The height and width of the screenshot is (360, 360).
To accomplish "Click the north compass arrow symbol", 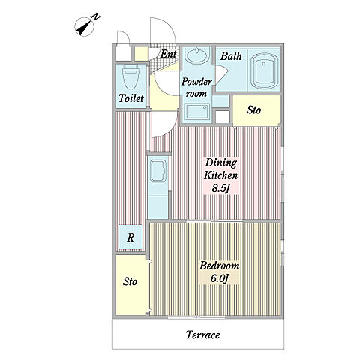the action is tap(85, 27).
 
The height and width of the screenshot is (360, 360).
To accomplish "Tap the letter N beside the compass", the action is tap(96, 17).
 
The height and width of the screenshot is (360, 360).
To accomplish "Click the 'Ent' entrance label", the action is tap(168, 54).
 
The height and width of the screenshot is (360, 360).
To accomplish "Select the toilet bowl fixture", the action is tap(130, 76).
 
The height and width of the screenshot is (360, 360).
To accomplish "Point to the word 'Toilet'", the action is tap(131, 98).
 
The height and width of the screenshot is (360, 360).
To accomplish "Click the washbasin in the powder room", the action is tap(197, 55).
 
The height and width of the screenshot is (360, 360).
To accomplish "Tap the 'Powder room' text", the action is tap(196, 88).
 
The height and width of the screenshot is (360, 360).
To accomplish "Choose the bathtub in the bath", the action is tap(265, 71).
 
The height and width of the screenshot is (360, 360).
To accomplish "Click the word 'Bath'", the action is tap(231, 56).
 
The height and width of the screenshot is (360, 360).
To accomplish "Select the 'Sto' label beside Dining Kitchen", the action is tap(254, 109).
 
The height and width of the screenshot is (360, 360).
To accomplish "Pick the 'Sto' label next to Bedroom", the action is tap(130, 282).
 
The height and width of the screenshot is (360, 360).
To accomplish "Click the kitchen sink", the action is tap(158, 171).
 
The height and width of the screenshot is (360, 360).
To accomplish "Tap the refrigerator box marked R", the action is tap(130, 237).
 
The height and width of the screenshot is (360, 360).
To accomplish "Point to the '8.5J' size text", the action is tap(220, 188).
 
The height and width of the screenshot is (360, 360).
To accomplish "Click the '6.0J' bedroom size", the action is tap(220, 278).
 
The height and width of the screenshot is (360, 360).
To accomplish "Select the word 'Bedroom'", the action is tap(219, 265).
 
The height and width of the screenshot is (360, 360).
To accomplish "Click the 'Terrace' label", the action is tap(202, 334).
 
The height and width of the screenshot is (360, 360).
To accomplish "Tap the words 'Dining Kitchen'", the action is tap(220, 169).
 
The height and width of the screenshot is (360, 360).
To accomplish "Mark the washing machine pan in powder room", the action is tap(197, 112).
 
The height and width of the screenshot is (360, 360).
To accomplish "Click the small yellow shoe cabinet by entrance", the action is tap(141, 54).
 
